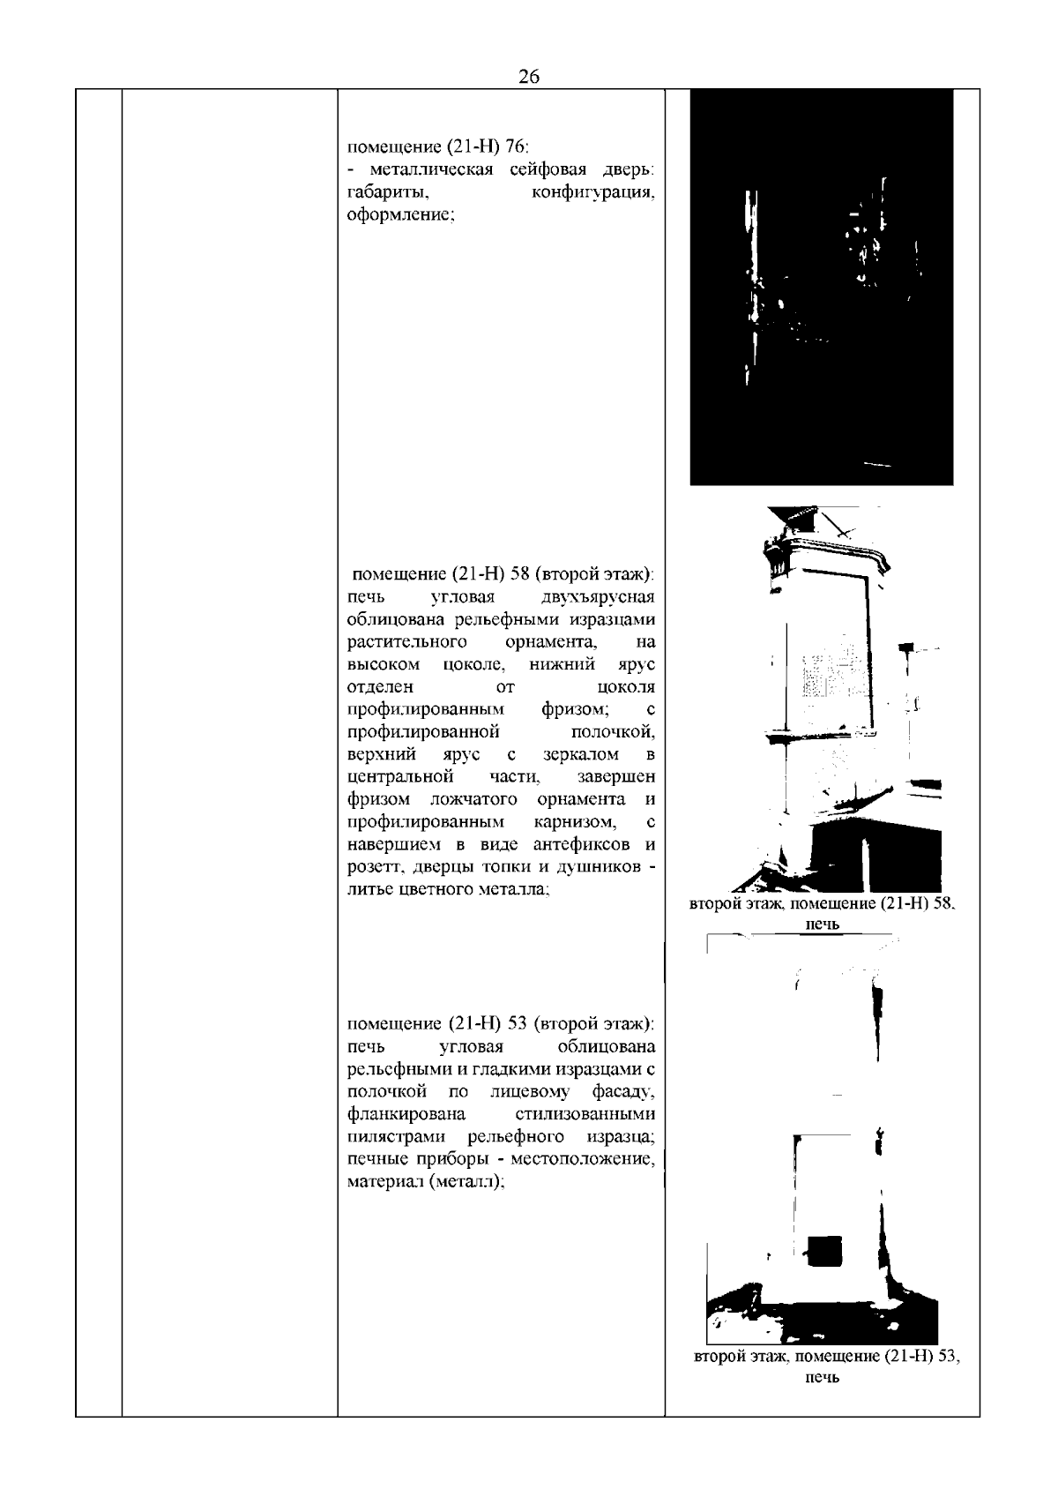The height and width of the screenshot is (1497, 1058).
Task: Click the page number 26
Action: (x=529, y=76)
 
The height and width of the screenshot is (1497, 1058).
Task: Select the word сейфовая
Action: (x=551, y=169)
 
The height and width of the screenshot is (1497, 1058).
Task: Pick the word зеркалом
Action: (x=580, y=754)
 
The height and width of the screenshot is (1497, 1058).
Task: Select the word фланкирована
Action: (x=406, y=1115)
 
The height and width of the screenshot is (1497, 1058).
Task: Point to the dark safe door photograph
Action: (x=821, y=287)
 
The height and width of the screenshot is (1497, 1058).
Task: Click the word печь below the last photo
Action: (x=822, y=1402)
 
